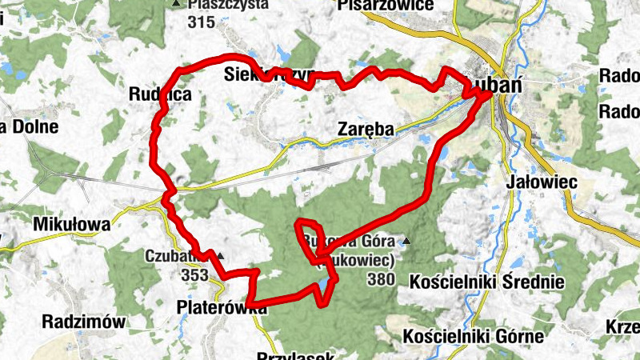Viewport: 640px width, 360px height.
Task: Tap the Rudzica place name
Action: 160,94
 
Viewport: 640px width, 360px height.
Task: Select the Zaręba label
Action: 365,127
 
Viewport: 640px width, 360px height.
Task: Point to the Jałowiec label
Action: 542,182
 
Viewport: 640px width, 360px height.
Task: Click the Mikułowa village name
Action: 71,225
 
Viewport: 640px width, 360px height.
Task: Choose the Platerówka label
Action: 210,307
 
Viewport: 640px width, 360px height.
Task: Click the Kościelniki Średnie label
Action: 486,282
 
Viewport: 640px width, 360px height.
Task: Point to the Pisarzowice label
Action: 386,6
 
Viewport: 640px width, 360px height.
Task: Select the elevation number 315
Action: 201,22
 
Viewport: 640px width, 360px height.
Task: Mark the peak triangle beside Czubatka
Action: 219,256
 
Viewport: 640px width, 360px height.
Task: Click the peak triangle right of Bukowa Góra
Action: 407,240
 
